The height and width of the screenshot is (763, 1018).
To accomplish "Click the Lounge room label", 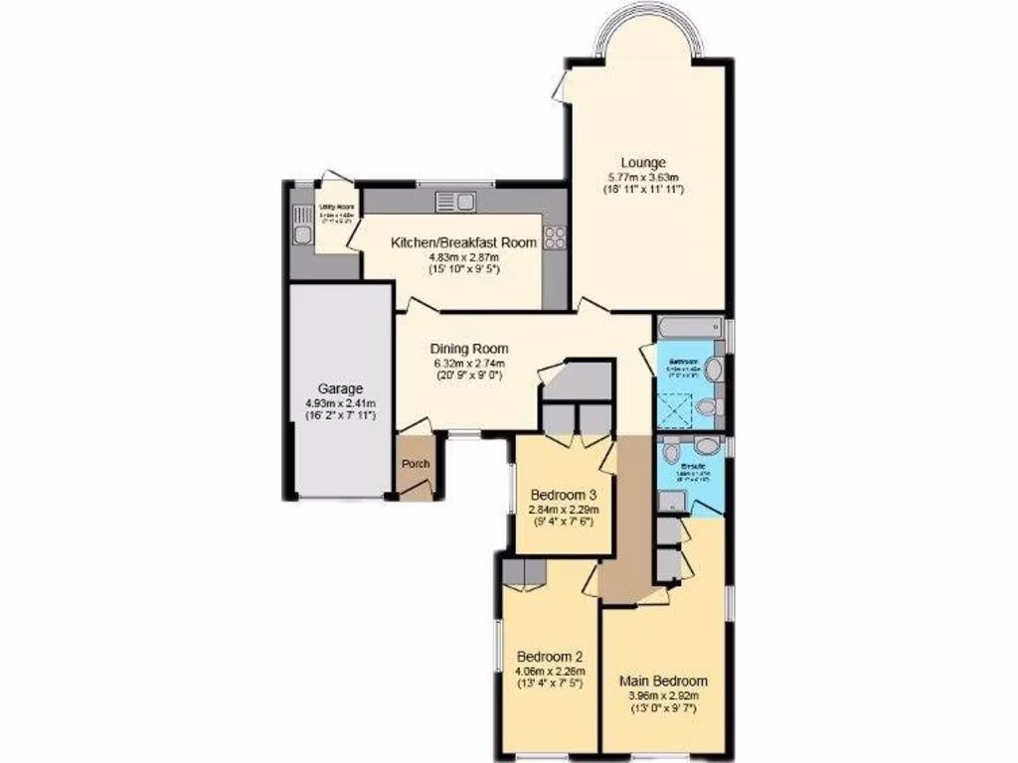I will tap(643, 163).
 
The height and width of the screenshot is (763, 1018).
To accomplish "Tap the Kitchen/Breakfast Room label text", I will tap(463, 242).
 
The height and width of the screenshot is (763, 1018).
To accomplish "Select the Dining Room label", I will tap(469, 349).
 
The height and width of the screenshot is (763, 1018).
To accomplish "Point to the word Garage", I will tap(340, 388).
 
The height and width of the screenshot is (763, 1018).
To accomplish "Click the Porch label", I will tap(415, 465).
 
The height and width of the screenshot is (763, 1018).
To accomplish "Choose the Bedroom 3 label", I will tap(564, 496).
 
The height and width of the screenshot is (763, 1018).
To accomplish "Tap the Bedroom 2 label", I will tap(550, 657).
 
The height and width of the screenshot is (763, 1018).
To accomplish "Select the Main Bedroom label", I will tap(663, 681).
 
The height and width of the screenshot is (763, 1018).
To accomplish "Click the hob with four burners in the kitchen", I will tap(555, 237).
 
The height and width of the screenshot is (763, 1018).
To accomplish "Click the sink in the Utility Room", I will tap(301, 234).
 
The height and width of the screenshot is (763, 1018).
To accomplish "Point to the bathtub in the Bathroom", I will tap(688, 327).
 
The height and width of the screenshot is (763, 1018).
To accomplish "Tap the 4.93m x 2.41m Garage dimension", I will tap(340, 403).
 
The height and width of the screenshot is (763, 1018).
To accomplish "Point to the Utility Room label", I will tap(330, 208).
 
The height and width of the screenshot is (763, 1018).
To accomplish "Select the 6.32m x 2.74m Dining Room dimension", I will tap(469, 364).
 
